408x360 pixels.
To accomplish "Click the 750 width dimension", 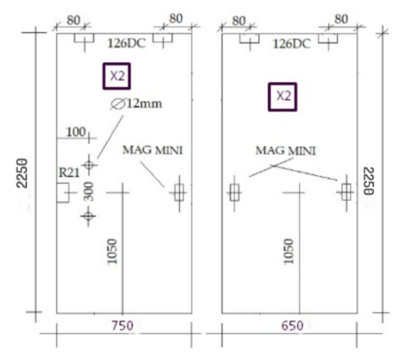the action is pyautogui.click(x=122, y=326).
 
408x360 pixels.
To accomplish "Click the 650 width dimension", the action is pyautogui.click(x=292, y=326).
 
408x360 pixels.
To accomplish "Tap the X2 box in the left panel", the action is pyautogui.click(x=117, y=76).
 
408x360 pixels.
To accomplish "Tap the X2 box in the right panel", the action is pyautogui.click(x=283, y=97).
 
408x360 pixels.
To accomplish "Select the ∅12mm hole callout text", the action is pyautogui.click(x=136, y=104).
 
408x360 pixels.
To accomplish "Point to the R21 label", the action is pyautogui.click(x=69, y=172).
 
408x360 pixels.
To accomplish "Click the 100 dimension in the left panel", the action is pyautogui.click(x=76, y=132).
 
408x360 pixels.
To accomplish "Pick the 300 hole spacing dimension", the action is pyautogui.click(x=89, y=192).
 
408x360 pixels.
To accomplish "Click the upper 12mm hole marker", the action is pyautogui.click(x=88, y=165).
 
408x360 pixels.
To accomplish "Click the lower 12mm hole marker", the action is pyautogui.click(x=88, y=216).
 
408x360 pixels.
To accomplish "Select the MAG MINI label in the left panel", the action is pyautogui.click(x=153, y=150).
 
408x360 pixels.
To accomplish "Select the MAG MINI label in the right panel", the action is pyautogui.click(x=286, y=151).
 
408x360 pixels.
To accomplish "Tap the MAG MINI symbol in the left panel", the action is pyautogui.click(x=179, y=193).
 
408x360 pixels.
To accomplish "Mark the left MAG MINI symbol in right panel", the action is pyautogui.click(x=234, y=193).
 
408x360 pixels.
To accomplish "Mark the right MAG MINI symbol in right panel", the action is pyautogui.click(x=346, y=192).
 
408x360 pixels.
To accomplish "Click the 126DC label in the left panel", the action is pyautogui.click(x=127, y=43).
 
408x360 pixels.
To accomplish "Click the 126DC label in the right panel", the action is pyautogui.click(x=292, y=44).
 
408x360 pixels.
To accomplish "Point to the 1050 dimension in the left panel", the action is pyautogui.click(x=112, y=252).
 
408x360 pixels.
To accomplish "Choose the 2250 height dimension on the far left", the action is pyautogui.click(x=22, y=173).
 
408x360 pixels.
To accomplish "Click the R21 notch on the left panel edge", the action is pyautogui.click(x=63, y=192).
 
